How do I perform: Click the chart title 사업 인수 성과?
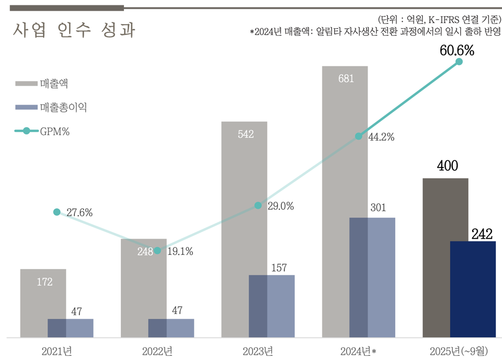(x=74, y=30)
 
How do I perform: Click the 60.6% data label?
(x=457, y=51)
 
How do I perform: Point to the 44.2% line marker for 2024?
(x=358, y=136)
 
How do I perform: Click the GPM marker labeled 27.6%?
(x=56, y=212)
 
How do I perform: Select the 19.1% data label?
(x=180, y=251)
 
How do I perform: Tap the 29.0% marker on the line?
(x=258, y=206)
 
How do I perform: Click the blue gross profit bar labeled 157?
(x=271, y=306)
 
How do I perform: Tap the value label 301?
(x=378, y=208)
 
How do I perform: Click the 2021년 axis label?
(x=56, y=350)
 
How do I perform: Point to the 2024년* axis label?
(x=358, y=350)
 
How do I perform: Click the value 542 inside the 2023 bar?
(x=245, y=134)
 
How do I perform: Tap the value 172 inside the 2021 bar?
(x=44, y=282)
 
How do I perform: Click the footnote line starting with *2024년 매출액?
(x=375, y=32)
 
